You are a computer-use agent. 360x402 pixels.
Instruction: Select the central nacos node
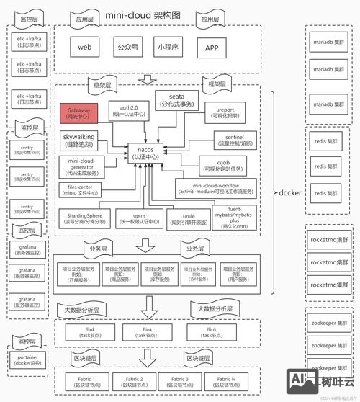(147, 153)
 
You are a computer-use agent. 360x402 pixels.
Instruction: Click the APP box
(212, 48)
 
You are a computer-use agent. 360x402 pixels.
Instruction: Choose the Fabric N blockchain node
(225, 380)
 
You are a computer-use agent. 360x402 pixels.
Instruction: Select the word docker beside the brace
(289, 192)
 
